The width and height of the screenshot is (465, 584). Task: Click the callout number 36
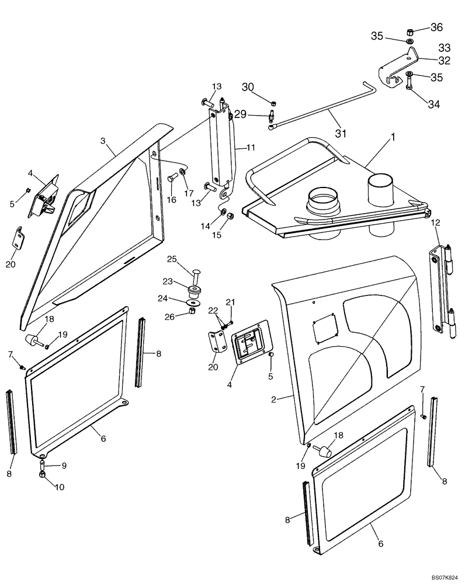pyautogui.click(x=437, y=27)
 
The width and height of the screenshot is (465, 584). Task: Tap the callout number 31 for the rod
pyautogui.click(x=341, y=133)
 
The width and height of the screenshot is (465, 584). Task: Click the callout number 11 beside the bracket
pyautogui.click(x=251, y=148)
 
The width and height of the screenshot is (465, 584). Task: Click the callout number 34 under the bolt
pyautogui.click(x=433, y=105)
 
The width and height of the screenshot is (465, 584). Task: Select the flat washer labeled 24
pyautogui.click(x=191, y=302)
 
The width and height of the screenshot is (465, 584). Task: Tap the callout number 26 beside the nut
pyautogui.click(x=170, y=317)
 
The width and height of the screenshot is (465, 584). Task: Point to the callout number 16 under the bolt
pyautogui.click(x=172, y=200)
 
